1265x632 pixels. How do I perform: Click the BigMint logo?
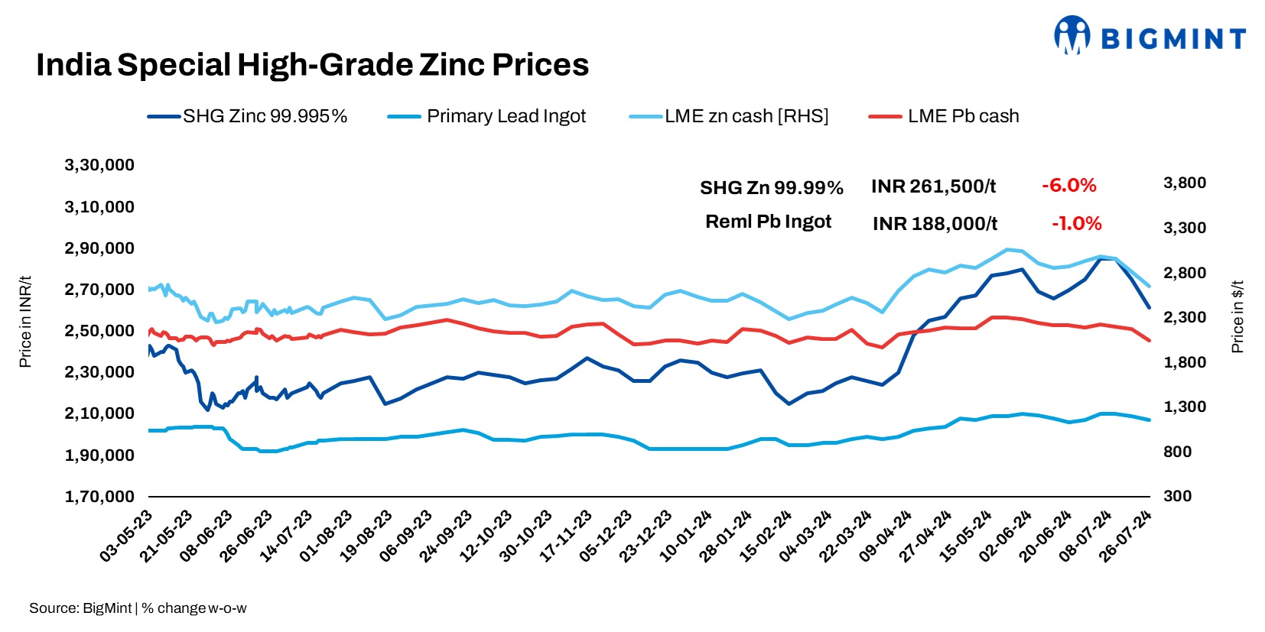tap(1150, 36)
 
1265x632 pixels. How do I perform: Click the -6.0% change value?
tap(1068, 186)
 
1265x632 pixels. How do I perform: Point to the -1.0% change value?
tap(1076, 223)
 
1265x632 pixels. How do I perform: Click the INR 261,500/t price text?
tap(933, 186)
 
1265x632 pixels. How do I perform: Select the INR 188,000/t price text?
tap(935, 224)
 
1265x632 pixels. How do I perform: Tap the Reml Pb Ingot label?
tap(768, 222)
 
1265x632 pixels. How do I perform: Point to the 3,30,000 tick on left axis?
tap(99, 165)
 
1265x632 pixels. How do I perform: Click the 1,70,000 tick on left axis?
tap(99, 497)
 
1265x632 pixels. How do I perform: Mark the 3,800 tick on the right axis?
tap(1184, 183)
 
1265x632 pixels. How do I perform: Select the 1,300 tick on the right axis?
tap(1184, 407)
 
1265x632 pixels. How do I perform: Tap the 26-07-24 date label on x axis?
tap(1126, 536)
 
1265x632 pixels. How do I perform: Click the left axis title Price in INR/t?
tap(25, 321)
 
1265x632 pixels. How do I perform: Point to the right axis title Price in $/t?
tap(1237, 316)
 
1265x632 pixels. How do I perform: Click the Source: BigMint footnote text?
tap(80, 608)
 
